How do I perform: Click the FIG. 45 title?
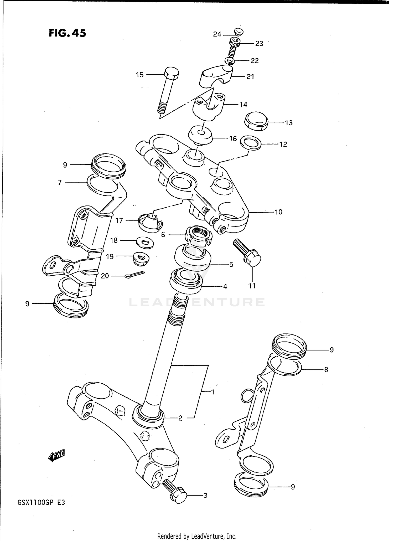(67, 33)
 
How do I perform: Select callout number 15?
(139, 75)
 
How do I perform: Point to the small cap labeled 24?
(239, 32)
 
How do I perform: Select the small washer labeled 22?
(229, 61)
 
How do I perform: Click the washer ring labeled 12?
(251, 143)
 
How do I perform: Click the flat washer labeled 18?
(145, 243)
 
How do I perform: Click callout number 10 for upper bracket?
(278, 212)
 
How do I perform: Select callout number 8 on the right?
(326, 369)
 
